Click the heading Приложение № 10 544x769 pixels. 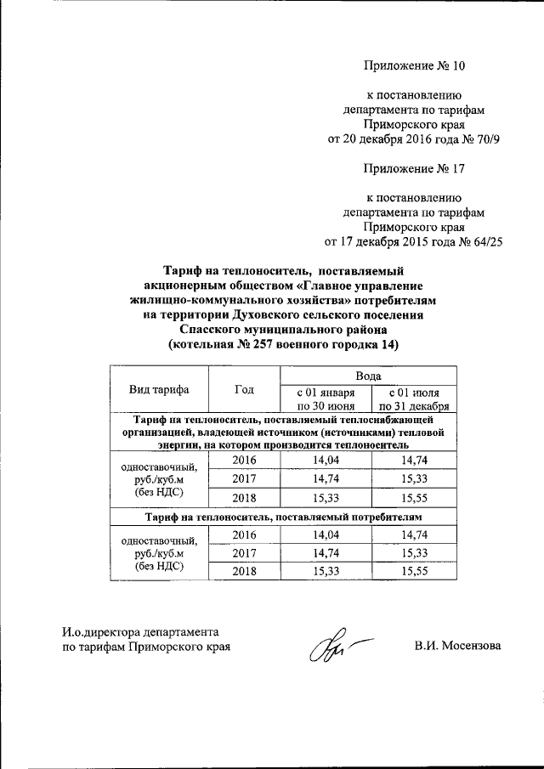click(414, 65)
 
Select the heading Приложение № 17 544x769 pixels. click(414, 168)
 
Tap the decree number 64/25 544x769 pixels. click(484, 242)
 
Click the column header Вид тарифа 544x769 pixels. click(159, 389)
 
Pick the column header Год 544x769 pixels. click(244, 389)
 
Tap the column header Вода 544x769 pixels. click(367, 375)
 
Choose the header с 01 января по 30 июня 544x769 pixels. click(324, 399)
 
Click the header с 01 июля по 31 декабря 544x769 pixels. click(412, 399)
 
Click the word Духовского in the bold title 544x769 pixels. click(265, 315)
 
